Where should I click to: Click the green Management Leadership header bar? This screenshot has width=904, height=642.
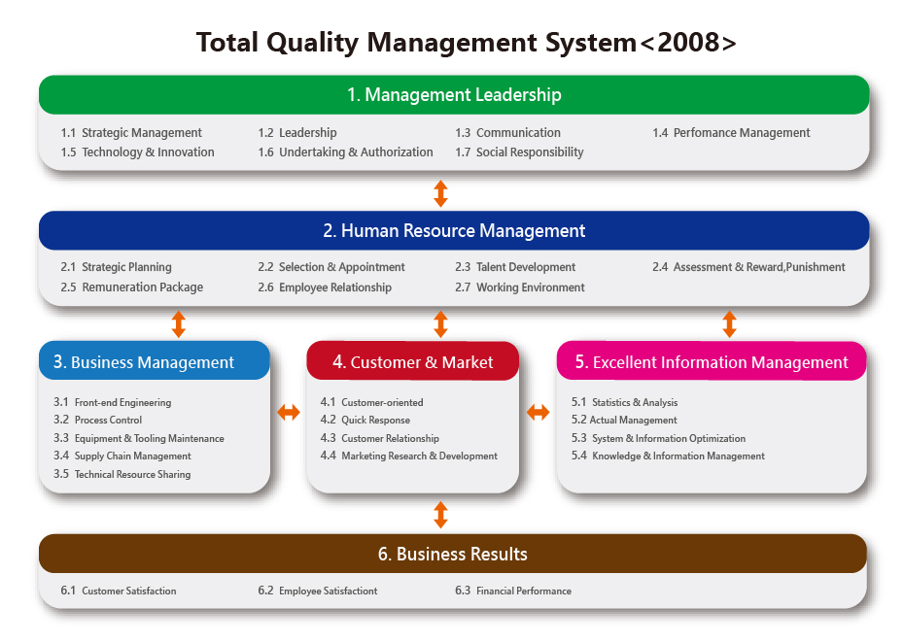454,94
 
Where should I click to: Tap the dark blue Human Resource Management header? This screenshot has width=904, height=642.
454,230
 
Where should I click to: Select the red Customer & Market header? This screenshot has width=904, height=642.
413,361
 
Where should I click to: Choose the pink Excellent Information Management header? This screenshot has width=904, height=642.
712,361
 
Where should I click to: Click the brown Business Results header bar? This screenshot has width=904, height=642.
453,554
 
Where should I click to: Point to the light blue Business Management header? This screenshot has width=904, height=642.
155,360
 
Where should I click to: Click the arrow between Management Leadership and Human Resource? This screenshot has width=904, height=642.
440,193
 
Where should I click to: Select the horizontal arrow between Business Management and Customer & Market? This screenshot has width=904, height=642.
289,412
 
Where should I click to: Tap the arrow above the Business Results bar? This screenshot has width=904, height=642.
440,515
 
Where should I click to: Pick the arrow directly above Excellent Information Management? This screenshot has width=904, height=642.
729,324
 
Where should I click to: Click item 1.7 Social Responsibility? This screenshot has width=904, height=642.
519,152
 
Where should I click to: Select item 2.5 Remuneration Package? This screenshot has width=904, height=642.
131,287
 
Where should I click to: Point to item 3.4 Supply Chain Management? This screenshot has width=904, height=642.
122,456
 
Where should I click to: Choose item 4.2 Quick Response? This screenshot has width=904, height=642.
365,420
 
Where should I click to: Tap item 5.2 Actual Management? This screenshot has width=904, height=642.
624,420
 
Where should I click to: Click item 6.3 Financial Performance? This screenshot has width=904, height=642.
513,591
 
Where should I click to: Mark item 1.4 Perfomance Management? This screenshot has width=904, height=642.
731,133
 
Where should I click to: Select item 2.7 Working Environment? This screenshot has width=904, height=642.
519,287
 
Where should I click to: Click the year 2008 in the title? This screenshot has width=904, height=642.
688,43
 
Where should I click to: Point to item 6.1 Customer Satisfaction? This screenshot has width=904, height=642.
119,591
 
